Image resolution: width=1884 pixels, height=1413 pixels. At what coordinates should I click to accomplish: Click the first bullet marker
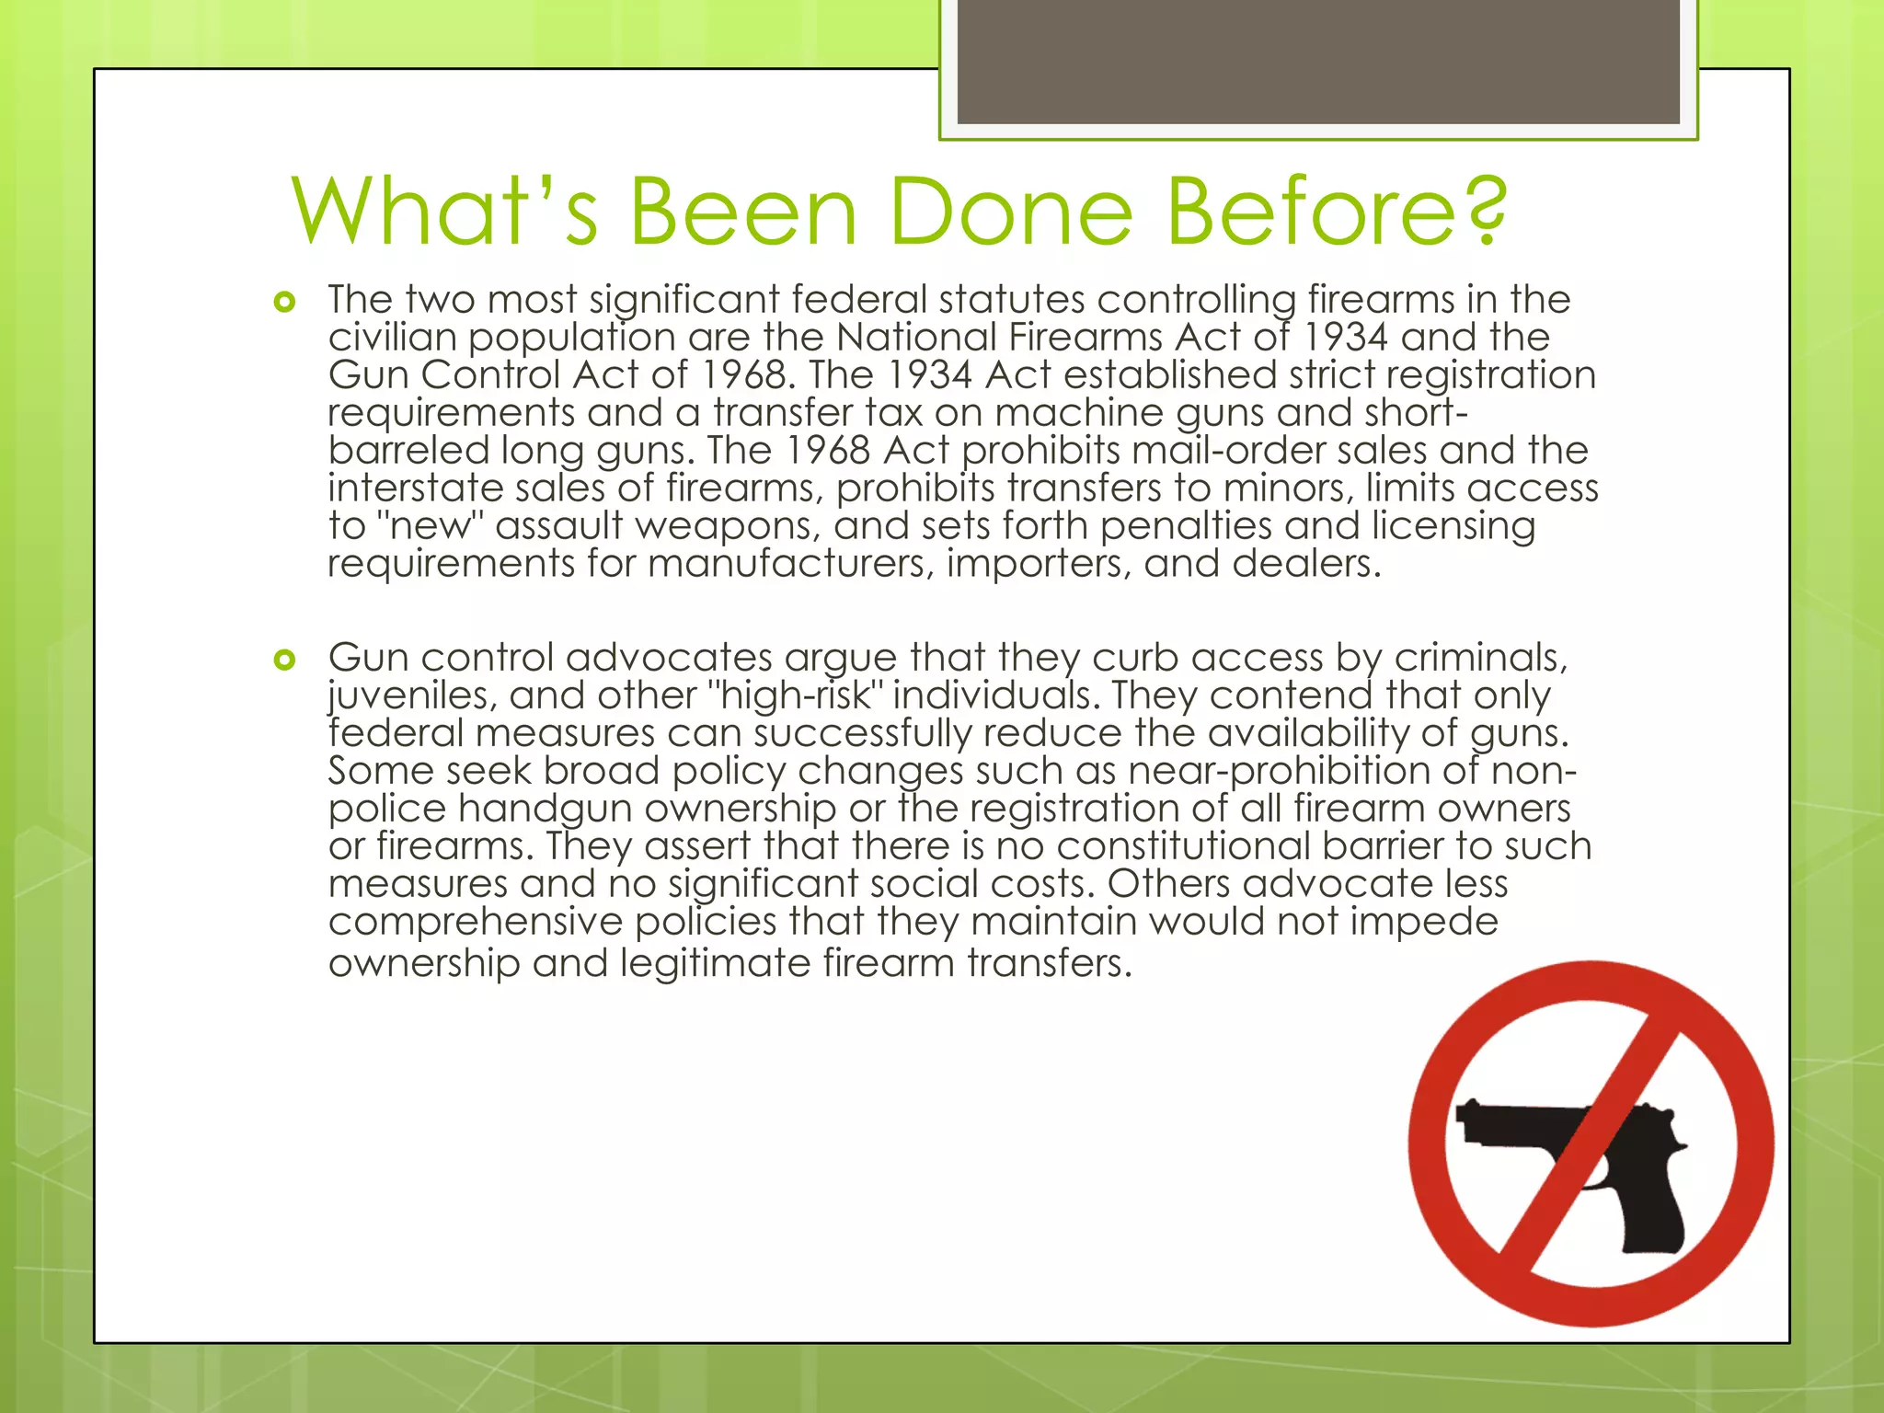tap(285, 302)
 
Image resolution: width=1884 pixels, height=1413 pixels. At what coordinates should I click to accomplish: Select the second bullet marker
tap(285, 660)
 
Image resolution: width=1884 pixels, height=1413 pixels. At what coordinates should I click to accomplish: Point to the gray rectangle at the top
tap(1318, 62)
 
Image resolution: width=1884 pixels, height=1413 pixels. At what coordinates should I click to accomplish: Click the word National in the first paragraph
tap(916, 337)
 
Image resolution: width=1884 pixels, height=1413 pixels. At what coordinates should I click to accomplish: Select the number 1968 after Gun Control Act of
tap(743, 374)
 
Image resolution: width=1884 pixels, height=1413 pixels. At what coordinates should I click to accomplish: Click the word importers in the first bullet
tap(1040, 563)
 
